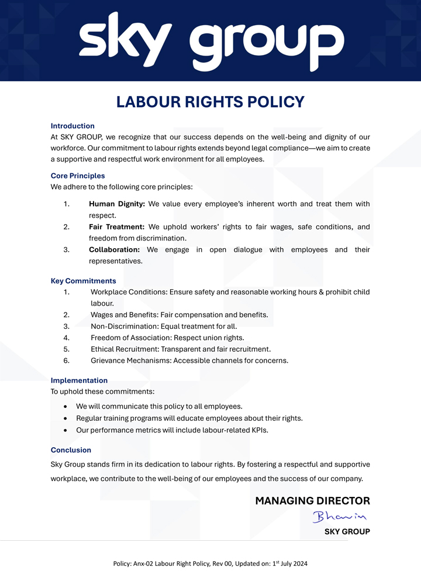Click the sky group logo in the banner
coord(210,41)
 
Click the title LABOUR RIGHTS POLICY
coord(210,102)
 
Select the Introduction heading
coord(73,126)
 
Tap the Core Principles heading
coord(78,176)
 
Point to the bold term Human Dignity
coord(117,204)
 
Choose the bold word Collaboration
coord(114,250)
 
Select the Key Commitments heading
coord(83,281)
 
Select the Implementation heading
coord(79,380)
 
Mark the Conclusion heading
coord(71,450)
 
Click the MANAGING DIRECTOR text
coord(312,501)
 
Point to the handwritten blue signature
coord(339,517)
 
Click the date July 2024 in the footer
coord(294,564)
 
